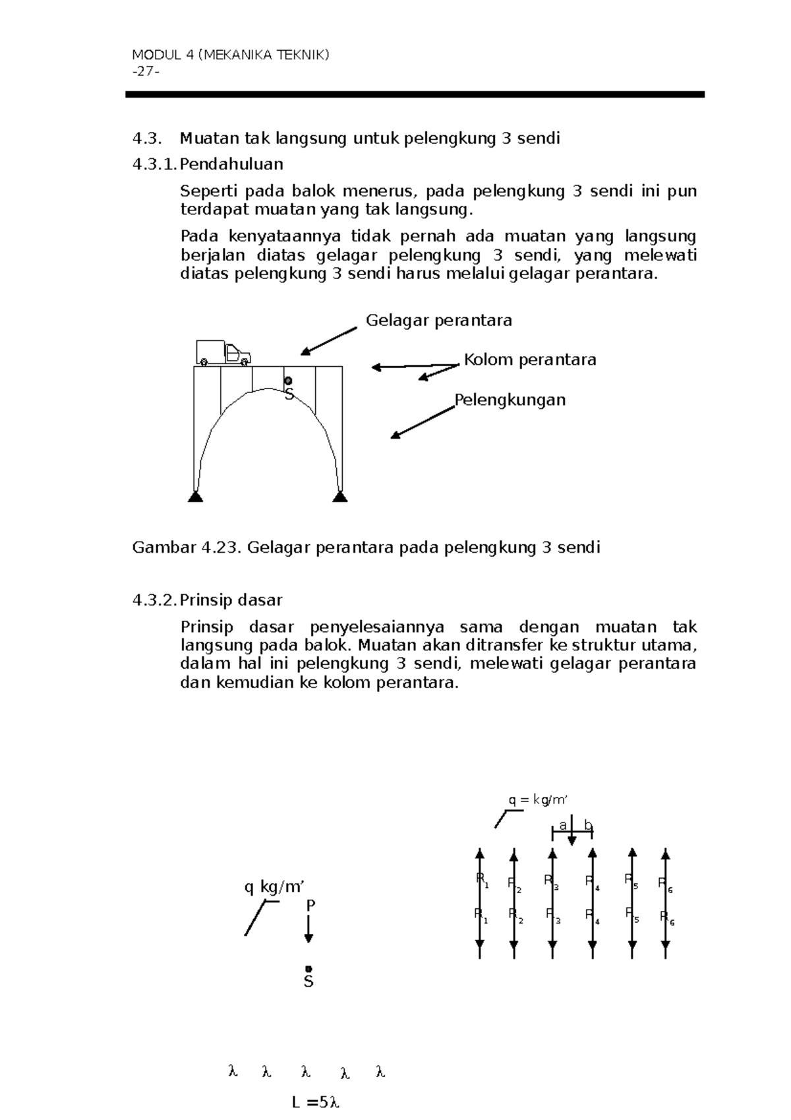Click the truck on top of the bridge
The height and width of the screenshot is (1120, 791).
click(223, 352)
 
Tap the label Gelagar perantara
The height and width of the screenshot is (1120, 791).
click(438, 321)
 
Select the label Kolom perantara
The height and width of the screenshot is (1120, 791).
click(530, 359)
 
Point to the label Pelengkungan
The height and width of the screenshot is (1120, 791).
click(510, 400)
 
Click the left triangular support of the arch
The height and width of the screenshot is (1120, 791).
click(195, 496)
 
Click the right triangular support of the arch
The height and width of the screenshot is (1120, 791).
click(339, 496)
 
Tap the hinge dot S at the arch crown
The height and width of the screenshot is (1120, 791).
click(288, 381)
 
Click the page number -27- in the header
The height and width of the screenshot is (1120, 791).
click(146, 71)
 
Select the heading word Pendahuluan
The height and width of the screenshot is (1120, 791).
click(231, 164)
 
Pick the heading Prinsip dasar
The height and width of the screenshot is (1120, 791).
click(231, 600)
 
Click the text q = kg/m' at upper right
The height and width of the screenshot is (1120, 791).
click(537, 800)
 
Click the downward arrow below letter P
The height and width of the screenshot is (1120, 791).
click(308, 929)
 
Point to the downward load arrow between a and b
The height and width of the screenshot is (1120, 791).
click(572, 831)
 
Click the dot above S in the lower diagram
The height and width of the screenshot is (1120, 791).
click(308, 968)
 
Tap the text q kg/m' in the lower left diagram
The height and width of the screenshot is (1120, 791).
click(274, 887)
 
